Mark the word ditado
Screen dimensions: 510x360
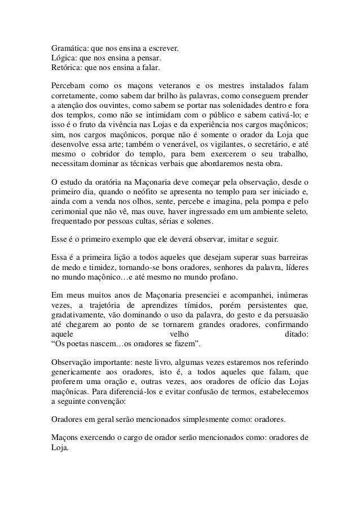click(x=295, y=335)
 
